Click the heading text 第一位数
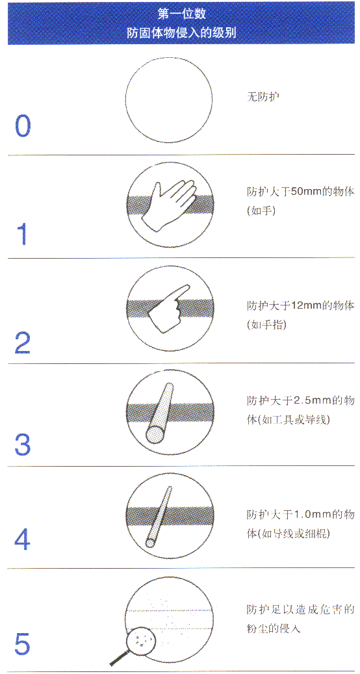tap(181, 13)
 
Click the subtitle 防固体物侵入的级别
tap(181, 32)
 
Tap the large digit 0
tap(23, 126)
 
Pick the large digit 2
tap(23, 343)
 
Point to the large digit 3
tap(23, 445)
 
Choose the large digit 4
tap(23, 540)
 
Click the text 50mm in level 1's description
tap(300, 193)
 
